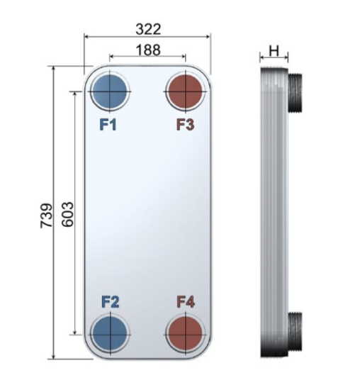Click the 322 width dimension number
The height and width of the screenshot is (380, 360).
148,29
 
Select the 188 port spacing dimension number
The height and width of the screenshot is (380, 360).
148,50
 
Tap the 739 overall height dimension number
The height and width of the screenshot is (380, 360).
46,216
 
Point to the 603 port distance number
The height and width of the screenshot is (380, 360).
67,214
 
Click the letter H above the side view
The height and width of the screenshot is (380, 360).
274,51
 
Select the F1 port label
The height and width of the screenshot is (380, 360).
108,125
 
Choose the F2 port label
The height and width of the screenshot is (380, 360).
111,302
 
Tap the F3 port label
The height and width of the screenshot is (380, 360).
186,125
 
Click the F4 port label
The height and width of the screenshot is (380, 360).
186,302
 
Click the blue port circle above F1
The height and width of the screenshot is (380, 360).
110,91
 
